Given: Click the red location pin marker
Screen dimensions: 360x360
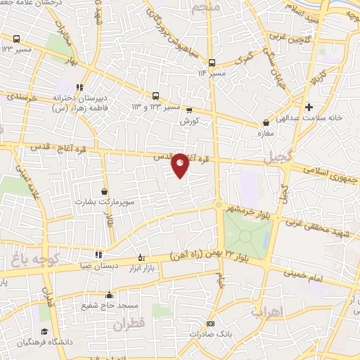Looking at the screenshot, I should coord(181,165).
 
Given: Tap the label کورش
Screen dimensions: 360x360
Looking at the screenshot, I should coord(186,121).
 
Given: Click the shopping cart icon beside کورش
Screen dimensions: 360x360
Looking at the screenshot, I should coord(188,110).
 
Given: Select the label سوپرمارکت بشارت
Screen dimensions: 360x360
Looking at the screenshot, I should coord(105,202).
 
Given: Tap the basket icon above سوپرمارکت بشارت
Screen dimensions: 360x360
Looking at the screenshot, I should coord(105,191).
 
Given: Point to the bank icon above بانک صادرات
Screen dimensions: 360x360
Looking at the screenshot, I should coord(210,323).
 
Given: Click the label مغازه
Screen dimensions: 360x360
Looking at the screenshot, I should coord(265,133).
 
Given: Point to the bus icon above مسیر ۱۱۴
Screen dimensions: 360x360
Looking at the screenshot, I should coord(212,61).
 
